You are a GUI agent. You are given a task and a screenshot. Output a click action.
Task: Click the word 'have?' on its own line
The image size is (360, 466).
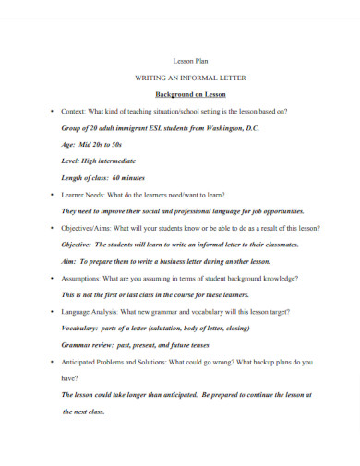click(x=70, y=376)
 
